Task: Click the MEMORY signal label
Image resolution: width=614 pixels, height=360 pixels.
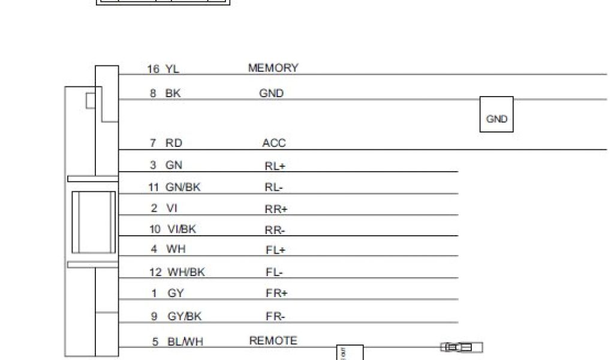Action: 273,68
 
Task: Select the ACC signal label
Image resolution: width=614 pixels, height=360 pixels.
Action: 274,143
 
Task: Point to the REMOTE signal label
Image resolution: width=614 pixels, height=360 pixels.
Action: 273,341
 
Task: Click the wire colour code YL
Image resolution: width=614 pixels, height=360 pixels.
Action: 172,70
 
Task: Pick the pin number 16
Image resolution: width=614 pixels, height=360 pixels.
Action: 153,70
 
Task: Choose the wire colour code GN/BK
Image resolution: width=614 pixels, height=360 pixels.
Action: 183,187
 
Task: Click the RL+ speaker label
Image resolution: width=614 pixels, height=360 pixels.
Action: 275,167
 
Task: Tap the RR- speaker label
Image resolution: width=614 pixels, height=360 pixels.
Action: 275,230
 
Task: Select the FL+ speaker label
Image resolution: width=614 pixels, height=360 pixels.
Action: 276,251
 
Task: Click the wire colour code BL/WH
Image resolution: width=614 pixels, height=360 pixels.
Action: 185,342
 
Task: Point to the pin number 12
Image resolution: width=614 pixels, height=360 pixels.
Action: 155,272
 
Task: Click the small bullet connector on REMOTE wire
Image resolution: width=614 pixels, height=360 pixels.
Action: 462,347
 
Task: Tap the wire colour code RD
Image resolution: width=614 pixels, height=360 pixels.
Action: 174,143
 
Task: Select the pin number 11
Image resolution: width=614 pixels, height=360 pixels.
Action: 154,187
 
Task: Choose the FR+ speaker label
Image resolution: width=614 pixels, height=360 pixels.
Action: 276,293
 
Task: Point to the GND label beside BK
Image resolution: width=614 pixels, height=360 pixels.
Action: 271,94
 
